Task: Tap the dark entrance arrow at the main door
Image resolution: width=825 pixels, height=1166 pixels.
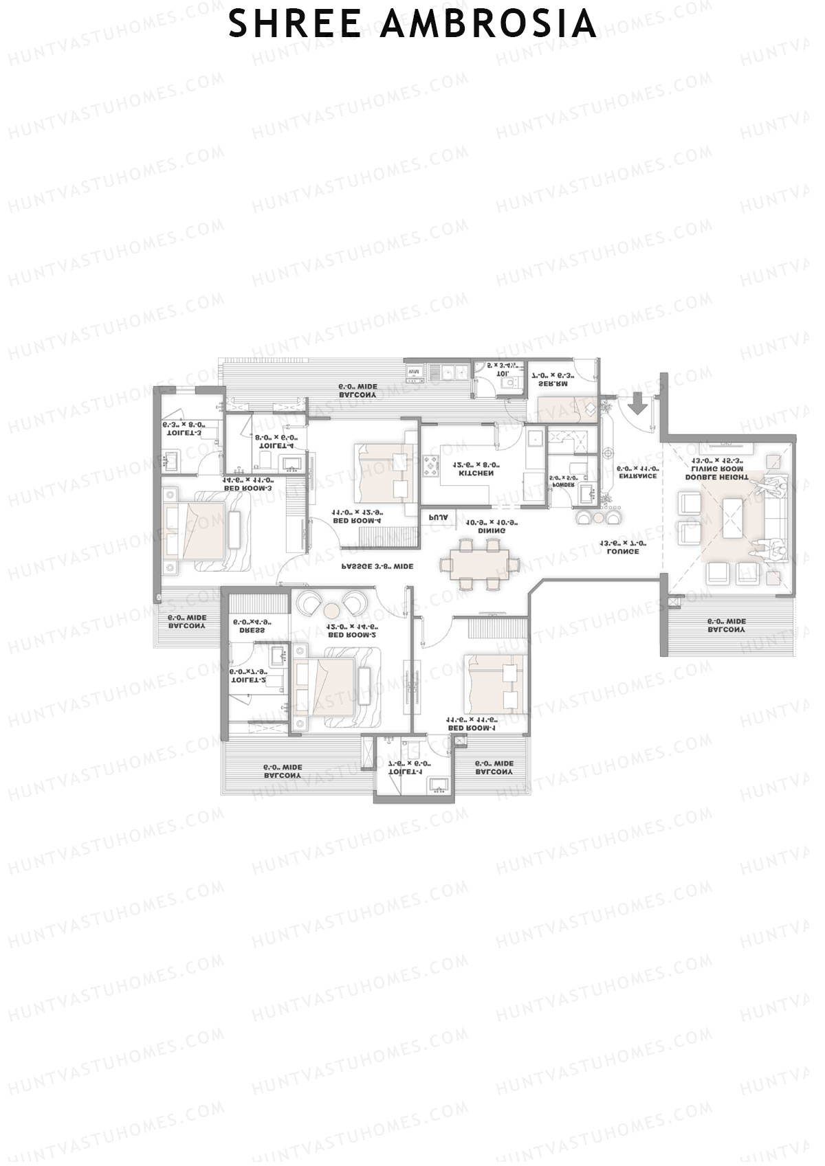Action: point(639,404)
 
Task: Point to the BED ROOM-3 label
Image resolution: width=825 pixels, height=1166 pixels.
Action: point(247,489)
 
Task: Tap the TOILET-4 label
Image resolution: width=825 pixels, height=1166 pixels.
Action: point(276,445)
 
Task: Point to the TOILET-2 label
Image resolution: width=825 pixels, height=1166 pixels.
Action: point(248,680)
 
